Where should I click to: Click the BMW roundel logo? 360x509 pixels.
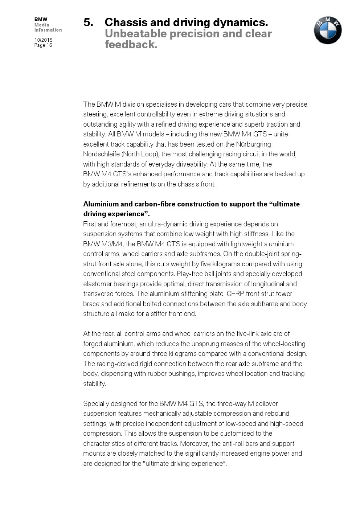pos(328,30)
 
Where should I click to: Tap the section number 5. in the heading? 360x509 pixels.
pos(88,22)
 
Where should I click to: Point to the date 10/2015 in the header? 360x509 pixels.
pos(44,40)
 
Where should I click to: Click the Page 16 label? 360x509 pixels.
pos(43,45)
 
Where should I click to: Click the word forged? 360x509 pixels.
pos(93,344)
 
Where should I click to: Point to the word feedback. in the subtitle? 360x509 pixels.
pos(131,45)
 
